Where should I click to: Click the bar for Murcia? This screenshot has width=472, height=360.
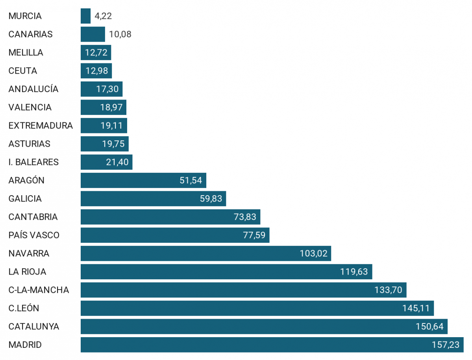coord(85,16)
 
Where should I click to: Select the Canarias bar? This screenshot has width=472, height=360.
coord(93,34)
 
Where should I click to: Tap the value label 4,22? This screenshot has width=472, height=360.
coord(104,16)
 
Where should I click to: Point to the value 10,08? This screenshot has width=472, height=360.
coord(120,34)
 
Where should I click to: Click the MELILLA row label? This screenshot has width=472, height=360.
coord(26,52)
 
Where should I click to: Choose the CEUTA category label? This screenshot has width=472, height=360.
coord(22,71)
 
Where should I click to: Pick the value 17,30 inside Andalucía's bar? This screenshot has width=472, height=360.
coord(107,89)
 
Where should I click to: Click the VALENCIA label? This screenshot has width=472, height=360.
coord(30,107)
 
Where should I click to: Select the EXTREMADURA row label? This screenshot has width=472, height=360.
coord(41,126)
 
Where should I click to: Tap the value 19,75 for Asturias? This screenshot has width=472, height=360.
coord(113,144)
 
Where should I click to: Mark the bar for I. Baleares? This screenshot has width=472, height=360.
coord(106,162)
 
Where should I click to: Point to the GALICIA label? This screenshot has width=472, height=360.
coord(25,199)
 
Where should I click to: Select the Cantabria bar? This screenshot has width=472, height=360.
coord(170,217)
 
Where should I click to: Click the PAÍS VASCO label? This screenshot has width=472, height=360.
coord(34,235)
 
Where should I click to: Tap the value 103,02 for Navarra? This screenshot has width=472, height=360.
coord(313,253)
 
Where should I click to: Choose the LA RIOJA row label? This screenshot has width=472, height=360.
coord(27,271)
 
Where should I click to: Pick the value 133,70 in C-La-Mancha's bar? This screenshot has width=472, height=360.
coord(388,290)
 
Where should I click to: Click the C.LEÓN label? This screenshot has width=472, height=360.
coord(24,308)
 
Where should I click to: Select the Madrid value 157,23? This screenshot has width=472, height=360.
coord(445,345)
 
